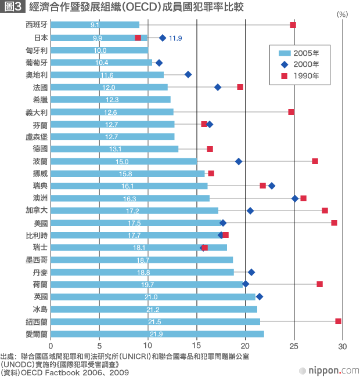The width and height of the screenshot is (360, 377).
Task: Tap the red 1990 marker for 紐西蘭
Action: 338,321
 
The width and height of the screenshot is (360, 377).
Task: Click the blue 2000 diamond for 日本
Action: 163,38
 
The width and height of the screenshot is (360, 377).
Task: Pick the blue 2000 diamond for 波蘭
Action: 239,161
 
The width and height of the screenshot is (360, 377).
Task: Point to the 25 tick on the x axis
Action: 294,346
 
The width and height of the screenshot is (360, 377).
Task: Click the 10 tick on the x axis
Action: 148,346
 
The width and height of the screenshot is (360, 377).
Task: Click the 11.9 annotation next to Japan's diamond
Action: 175,38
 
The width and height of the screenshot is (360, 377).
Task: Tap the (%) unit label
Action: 342,14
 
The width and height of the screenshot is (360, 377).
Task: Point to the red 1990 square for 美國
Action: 334,223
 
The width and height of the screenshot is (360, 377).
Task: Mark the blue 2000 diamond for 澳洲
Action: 295,198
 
